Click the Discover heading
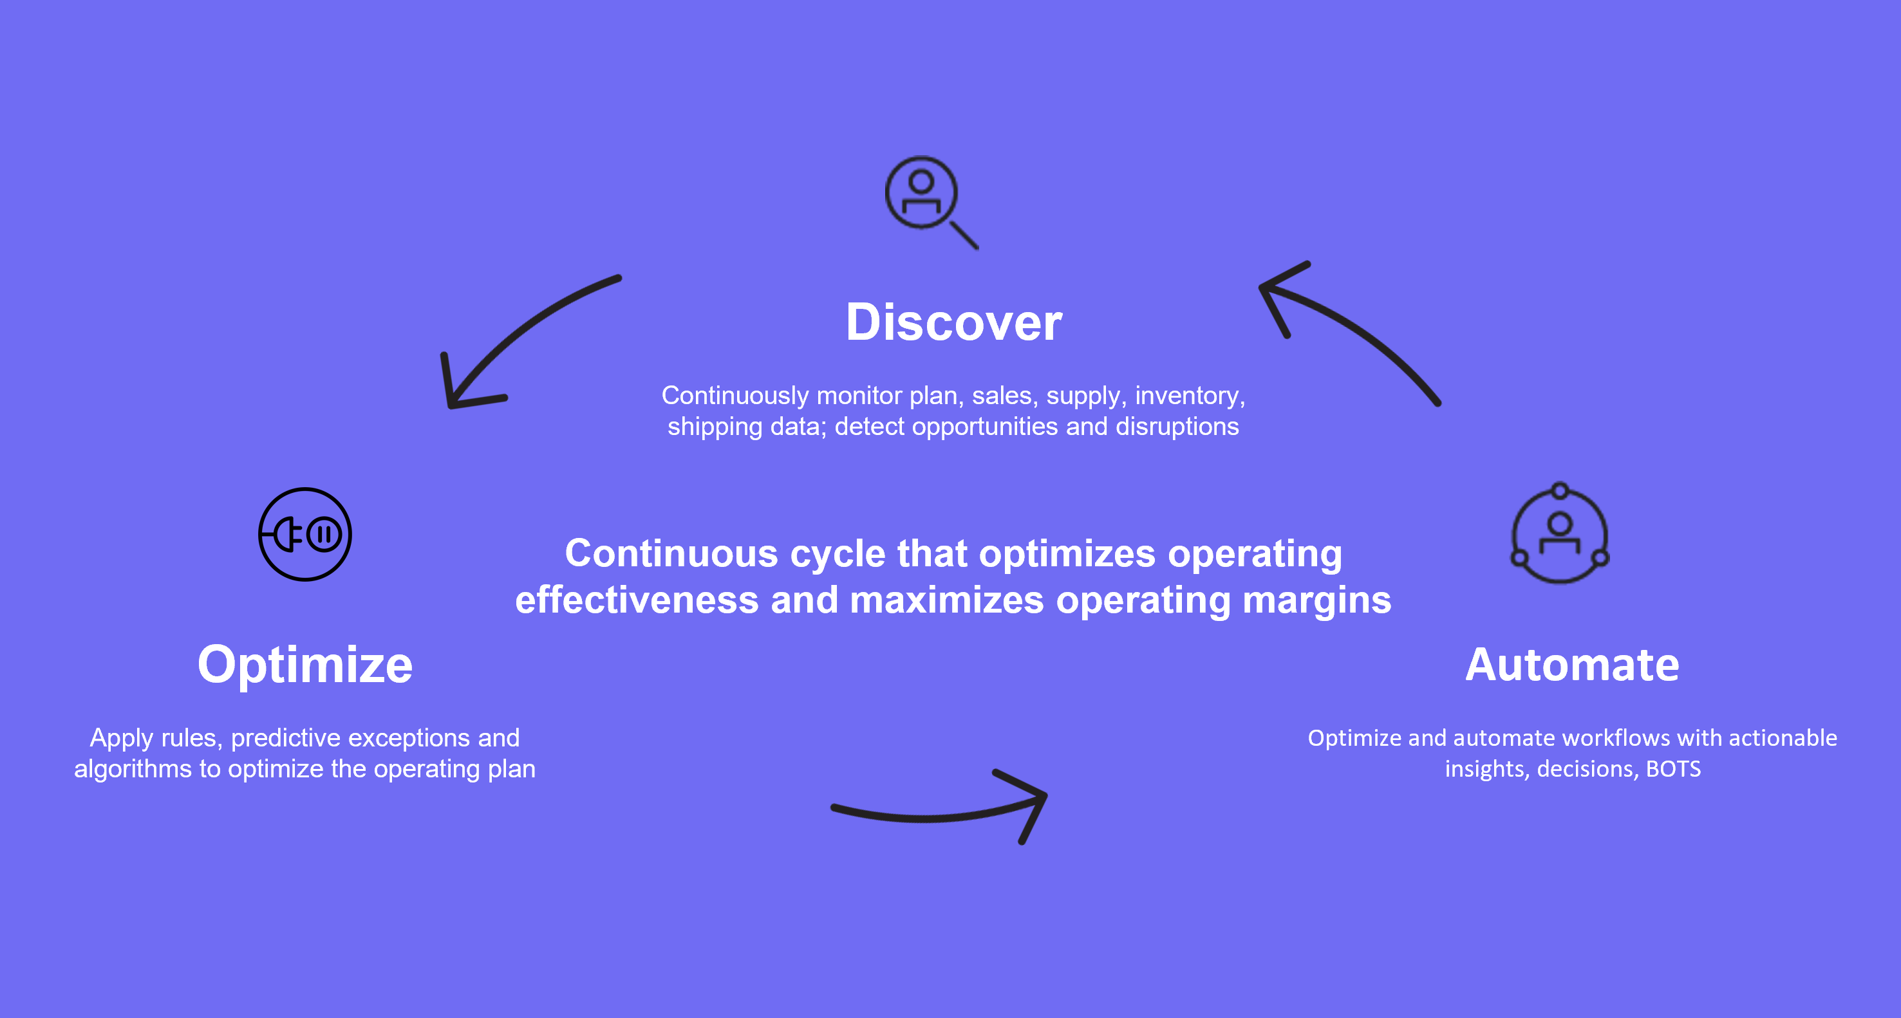tap(953, 322)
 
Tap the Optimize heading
tap(304, 665)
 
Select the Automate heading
tap(1573, 665)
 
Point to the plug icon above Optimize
tap(304, 534)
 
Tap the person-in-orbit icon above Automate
tap(1560, 533)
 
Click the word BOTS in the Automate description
tap(1673, 769)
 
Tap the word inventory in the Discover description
tap(1190, 396)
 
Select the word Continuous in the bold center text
tap(671, 553)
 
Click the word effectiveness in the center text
tap(637, 600)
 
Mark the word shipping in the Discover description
tap(715, 427)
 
